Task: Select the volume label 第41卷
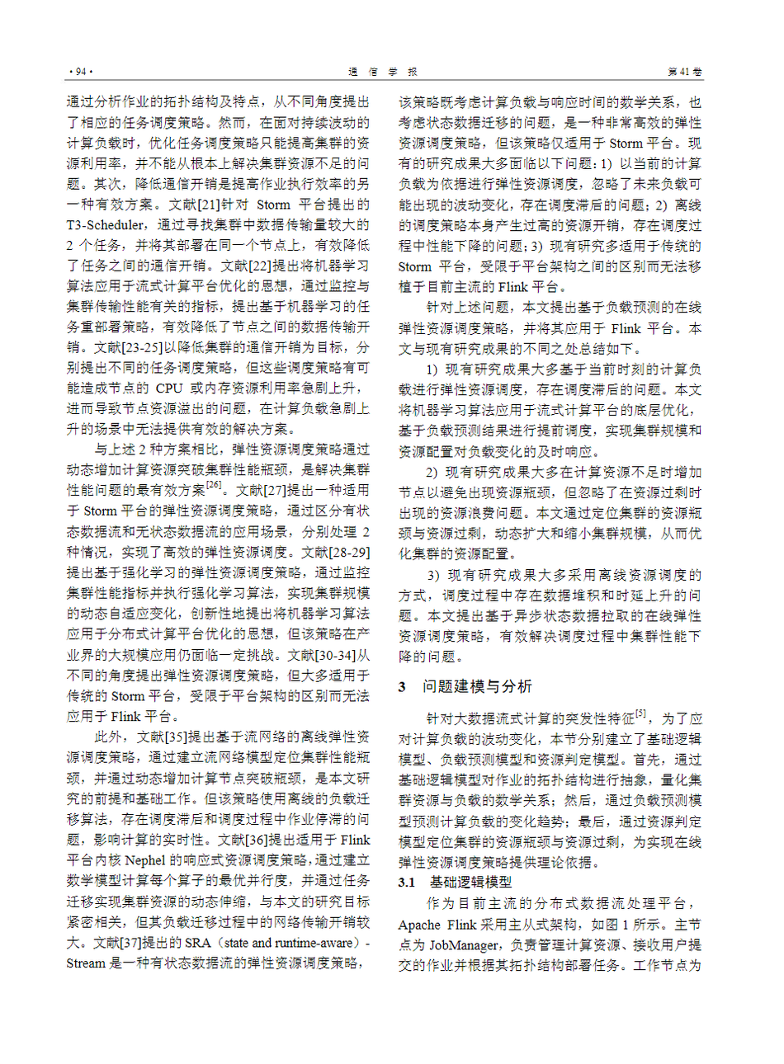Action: pos(685,72)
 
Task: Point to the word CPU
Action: pos(170,388)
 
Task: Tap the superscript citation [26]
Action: pos(214,485)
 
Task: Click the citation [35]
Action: pos(177,737)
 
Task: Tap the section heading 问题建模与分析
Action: pos(477,687)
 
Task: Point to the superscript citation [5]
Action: pos(641,713)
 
